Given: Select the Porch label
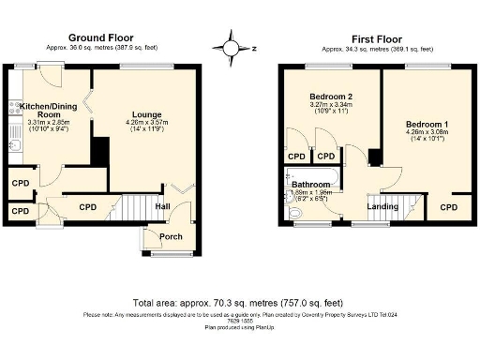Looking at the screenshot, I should tap(170, 236).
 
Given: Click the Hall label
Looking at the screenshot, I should tap(163, 207).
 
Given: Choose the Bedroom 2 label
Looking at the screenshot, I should tap(330, 97).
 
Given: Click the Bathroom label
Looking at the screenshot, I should tap(310, 185).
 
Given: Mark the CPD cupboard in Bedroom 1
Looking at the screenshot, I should tap(449, 206).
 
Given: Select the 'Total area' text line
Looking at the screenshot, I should tap(239, 305).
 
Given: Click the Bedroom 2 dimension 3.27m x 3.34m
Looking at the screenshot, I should tap(330, 107).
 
